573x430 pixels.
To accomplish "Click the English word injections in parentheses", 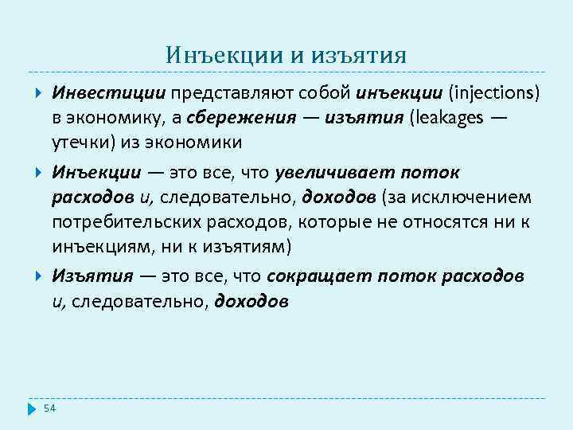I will pos(493,94).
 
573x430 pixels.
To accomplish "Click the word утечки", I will pos(79,143).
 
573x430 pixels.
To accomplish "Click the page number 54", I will pos(50,408).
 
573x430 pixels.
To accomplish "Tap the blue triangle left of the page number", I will pos(33,408).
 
